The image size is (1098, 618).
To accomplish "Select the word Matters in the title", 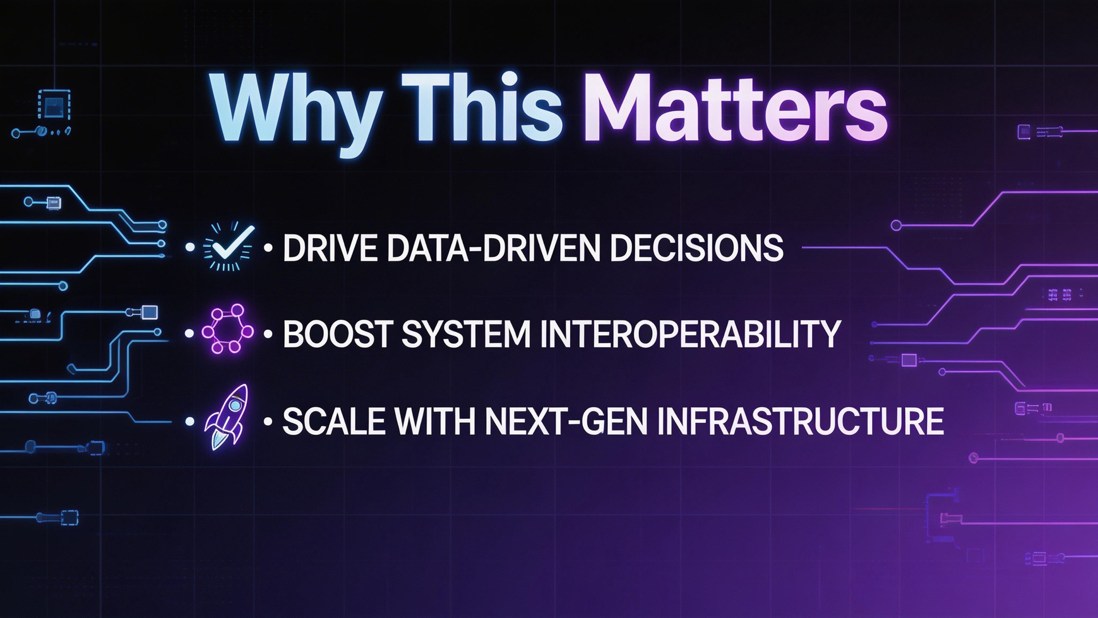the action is tap(735, 108).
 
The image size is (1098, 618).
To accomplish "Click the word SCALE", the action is tap(333, 422).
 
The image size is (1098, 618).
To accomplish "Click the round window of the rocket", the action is tap(234, 406).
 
